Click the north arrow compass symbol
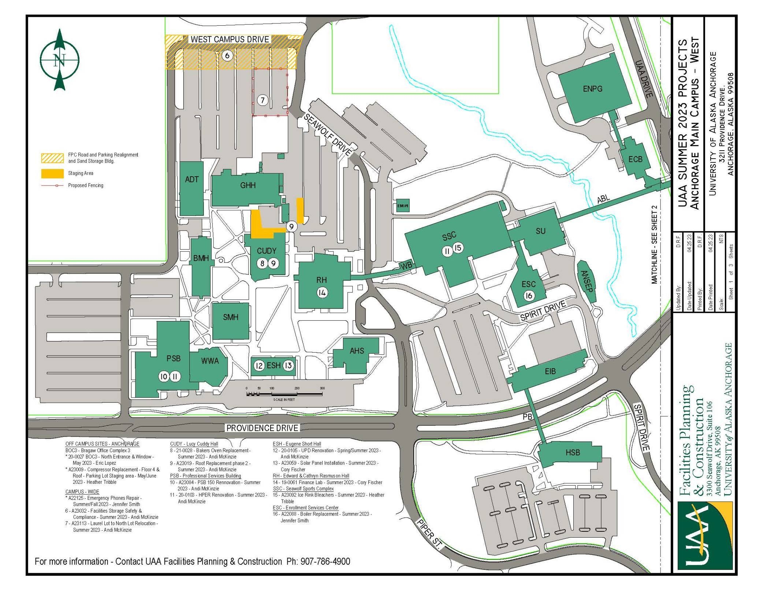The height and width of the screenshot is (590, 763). point(59,60)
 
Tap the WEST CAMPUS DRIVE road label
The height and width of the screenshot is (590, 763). point(230,39)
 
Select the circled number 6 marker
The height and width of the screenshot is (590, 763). point(227,56)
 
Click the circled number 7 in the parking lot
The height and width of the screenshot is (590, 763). point(263,100)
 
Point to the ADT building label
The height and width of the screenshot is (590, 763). point(191,179)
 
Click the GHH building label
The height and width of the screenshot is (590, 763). point(247,185)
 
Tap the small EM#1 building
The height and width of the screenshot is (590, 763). point(402,206)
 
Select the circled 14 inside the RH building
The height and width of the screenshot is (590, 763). point(322,292)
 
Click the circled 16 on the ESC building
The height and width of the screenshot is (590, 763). point(529,295)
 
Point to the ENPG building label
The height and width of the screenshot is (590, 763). point(592,89)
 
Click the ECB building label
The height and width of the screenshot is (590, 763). point(635,159)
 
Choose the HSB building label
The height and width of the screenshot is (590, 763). point(573,453)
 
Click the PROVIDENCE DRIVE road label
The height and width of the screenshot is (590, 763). point(262,428)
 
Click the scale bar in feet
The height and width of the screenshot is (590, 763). point(284,394)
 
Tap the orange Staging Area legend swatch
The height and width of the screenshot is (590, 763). point(51,173)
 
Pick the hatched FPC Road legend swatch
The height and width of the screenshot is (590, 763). point(51,158)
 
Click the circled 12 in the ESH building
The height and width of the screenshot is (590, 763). point(259,366)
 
